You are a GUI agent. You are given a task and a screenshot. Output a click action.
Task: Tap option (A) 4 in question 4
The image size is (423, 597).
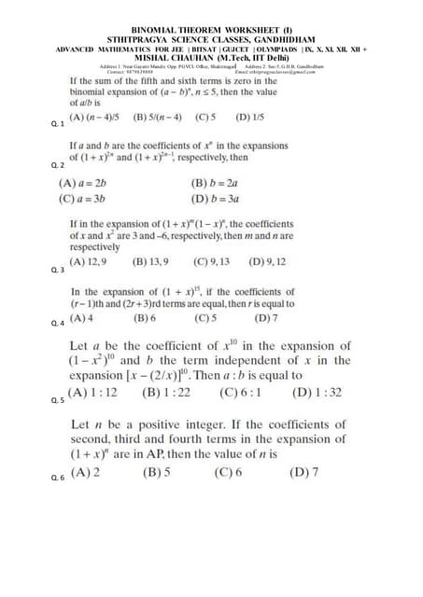pyautogui.click(x=82, y=317)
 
